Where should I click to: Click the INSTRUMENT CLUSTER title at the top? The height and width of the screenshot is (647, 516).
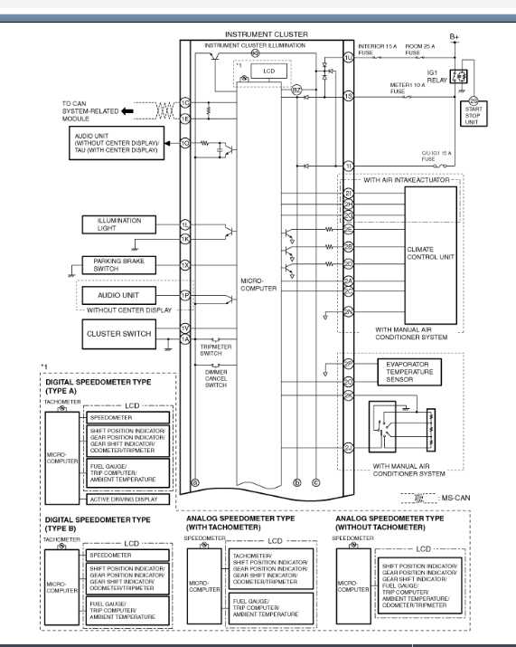[x=266, y=34]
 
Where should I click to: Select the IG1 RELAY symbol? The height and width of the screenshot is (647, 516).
[x=462, y=76]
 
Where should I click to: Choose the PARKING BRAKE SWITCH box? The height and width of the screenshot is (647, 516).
[x=118, y=265]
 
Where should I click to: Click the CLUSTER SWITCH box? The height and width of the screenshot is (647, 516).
[x=118, y=334]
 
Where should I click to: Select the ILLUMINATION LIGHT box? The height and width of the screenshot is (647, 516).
[x=118, y=225]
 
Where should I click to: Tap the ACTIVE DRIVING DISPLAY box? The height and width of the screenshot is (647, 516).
[x=128, y=499]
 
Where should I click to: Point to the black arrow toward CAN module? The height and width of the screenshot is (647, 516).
[x=127, y=110]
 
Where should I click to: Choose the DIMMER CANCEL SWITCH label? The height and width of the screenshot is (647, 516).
[x=215, y=378]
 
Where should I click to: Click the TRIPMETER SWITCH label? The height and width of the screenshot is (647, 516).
[x=215, y=349]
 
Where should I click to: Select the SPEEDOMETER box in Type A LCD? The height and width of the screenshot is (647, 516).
[x=128, y=417]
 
